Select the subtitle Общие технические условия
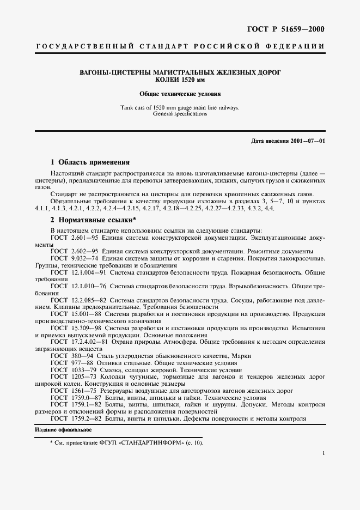(x=180, y=94)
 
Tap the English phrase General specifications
(x=180, y=114)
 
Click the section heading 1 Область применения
(x=90, y=162)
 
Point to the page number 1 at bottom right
(x=323, y=453)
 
